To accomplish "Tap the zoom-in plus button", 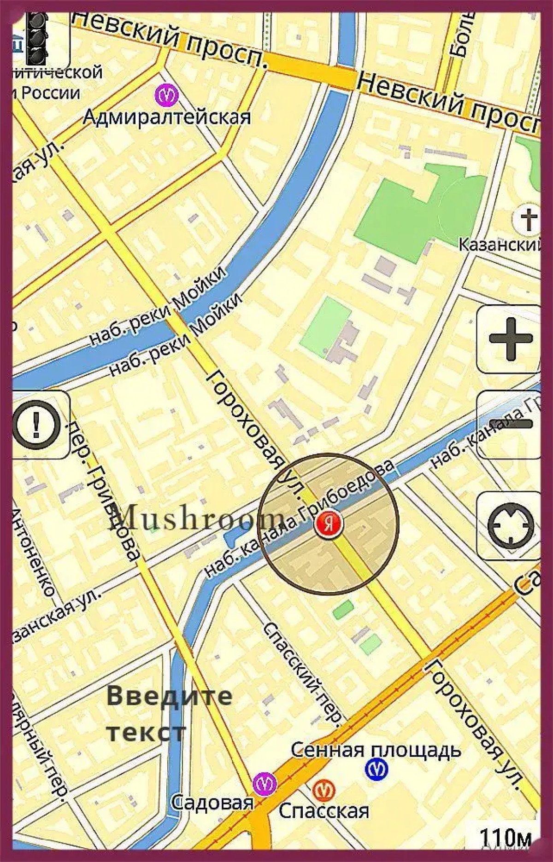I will [x=509, y=339].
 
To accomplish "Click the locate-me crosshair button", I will [x=510, y=525].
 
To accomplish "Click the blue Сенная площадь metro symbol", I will [x=377, y=769].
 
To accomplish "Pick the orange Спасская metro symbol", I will [x=324, y=790].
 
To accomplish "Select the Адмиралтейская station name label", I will [x=167, y=118].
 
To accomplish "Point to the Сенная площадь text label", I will [x=376, y=749].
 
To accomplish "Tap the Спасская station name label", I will [x=324, y=810].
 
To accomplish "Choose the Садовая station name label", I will [x=212, y=803].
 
